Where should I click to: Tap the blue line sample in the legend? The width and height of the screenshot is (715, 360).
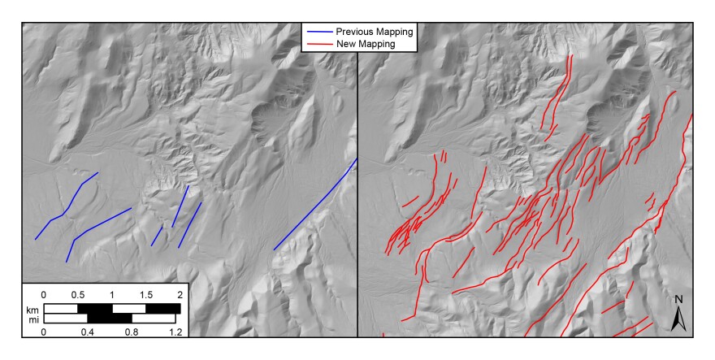(322, 32)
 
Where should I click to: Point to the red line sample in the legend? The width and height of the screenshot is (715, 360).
(322, 44)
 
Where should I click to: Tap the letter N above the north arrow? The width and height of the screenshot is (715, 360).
(680, 299)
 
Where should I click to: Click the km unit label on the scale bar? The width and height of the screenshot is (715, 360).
(32, 310)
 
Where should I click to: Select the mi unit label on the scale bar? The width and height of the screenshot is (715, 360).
(32, 319)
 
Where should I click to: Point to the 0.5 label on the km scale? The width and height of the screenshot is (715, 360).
(78, 293)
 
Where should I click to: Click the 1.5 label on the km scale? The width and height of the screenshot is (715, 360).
(146, 293)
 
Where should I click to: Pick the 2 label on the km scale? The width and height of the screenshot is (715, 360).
(180, 293)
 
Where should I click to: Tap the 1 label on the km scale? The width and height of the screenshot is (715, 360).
(112, 293)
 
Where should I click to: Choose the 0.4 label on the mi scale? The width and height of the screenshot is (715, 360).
(88, 332)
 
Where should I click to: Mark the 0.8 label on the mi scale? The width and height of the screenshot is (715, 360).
(132, 332)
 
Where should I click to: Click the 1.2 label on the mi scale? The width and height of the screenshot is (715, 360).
(175, 332)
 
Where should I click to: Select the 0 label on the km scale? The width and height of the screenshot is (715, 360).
(44, 293)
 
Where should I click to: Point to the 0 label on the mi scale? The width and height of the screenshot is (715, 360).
(44, 332)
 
